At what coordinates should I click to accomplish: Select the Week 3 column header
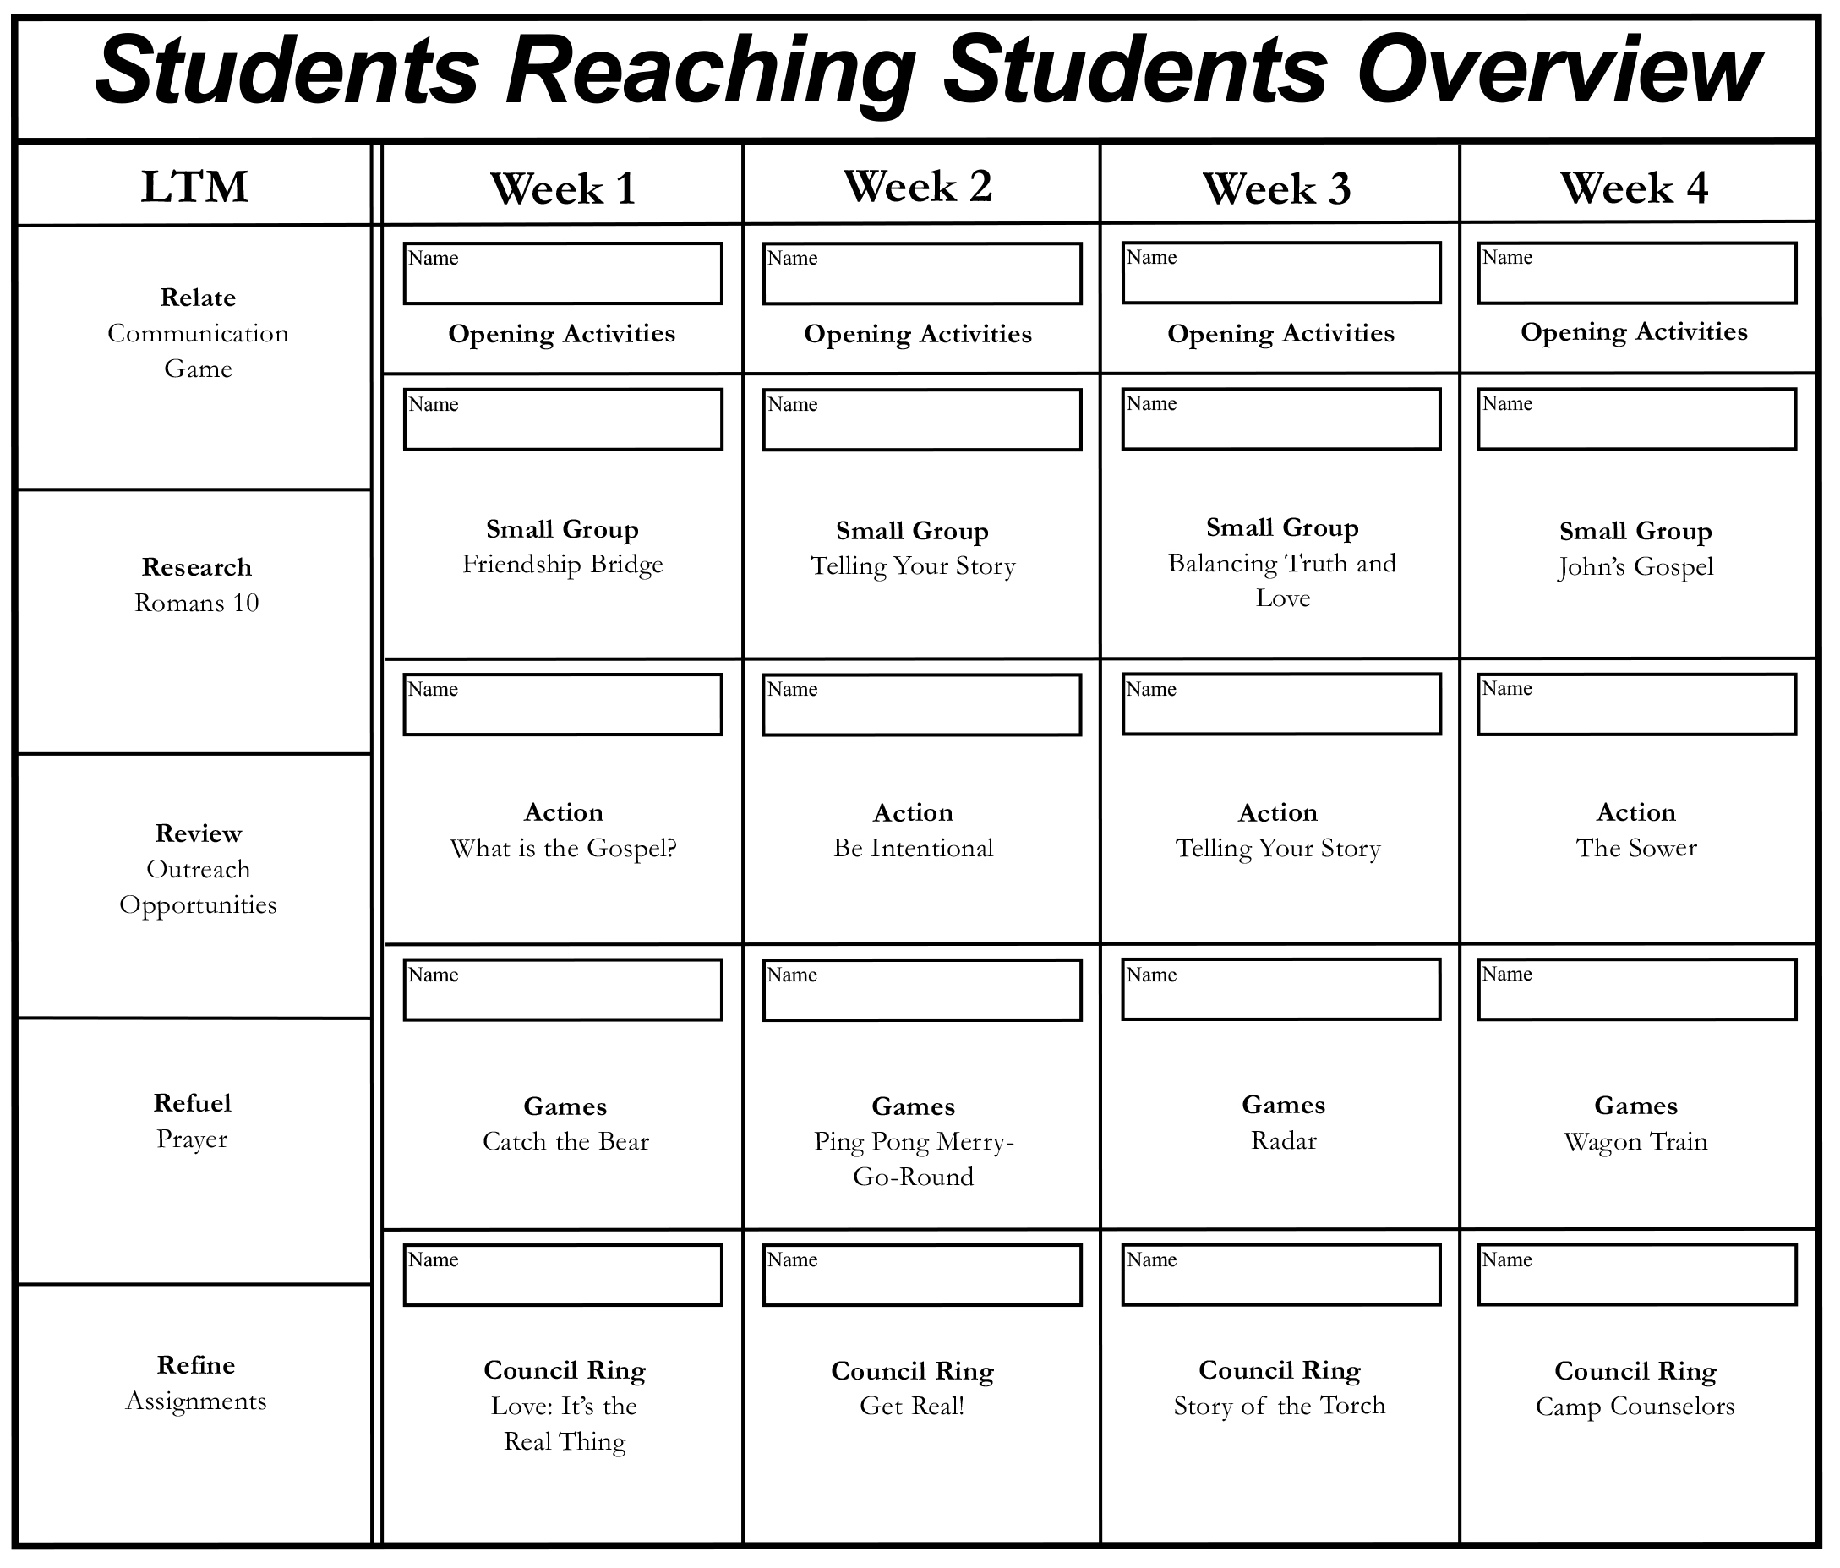tap(1276, 188)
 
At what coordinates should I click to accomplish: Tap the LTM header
tap(194, 187)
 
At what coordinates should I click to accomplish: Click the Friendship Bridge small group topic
tap(562, 565)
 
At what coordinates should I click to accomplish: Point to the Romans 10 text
tap(196, 603)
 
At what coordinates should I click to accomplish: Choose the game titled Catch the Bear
tap(565, 1142)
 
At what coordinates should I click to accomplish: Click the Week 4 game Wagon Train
tap(1635, 1142)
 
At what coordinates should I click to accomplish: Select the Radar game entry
tap(1283, 1141)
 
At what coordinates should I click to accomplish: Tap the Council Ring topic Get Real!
tap(912, 1407)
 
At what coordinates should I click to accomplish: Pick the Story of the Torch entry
tap(1279, 1407)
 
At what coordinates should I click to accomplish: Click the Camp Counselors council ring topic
tap(1635, 1407)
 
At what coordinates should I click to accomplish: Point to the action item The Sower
tap(1635, 848)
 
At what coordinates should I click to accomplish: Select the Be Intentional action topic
tap(913, 849)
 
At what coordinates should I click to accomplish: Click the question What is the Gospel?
tap(563, 849)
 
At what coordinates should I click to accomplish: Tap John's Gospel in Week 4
tap(1635, 567)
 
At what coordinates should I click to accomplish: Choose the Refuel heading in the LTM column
tap(192, 1103)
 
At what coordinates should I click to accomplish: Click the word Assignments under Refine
tap(196, 1401)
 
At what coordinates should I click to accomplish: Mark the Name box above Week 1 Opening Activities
tap(563, 274)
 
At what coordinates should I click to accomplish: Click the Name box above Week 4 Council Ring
tap(1636, 1275)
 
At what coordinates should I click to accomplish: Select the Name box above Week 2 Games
tap(922, 990)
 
